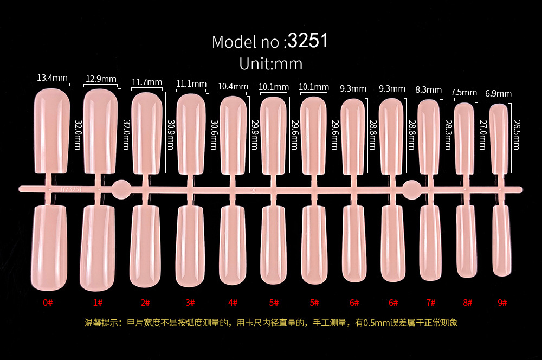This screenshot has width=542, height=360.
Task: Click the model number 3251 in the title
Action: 308,41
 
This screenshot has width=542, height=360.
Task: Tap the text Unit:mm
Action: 270,63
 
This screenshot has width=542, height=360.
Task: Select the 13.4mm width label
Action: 52,78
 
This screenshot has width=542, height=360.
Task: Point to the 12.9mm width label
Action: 101,79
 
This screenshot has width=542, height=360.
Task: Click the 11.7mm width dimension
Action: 147,82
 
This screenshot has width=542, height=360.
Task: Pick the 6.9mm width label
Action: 498,94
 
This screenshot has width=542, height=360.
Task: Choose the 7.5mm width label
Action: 463,93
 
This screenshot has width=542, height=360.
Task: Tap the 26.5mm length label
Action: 515,135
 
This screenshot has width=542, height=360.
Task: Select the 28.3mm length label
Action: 449,135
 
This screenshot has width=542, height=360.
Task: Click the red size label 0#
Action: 48,302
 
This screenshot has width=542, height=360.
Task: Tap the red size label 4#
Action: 233,302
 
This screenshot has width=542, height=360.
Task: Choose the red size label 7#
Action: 430,302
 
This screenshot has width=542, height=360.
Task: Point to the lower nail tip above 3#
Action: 190,244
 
